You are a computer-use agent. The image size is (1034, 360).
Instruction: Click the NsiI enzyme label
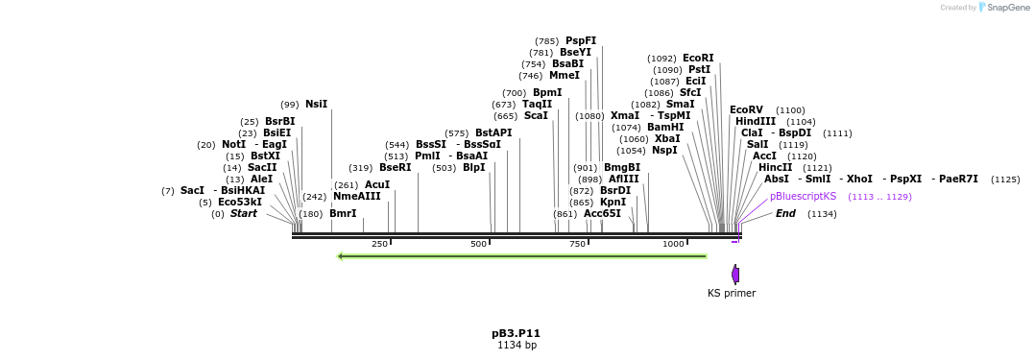coord(316,105)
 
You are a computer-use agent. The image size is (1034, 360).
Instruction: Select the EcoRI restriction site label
coord(698,59)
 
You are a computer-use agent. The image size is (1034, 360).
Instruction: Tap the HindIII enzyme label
coord(756,122)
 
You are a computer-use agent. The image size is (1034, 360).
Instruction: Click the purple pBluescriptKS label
coord(803,196)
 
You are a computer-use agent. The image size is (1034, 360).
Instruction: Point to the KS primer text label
coord(732,293)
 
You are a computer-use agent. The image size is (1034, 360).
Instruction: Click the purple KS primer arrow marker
coord(735,275)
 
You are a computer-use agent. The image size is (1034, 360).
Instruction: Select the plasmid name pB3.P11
coord(517,333)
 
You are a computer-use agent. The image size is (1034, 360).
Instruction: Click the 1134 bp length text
coord(517,346)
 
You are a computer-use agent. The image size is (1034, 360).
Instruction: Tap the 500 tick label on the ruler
coord(478,245)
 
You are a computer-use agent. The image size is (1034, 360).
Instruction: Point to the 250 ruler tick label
coord(379,245)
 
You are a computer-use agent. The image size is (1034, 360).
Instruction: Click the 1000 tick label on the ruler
coord(673,245)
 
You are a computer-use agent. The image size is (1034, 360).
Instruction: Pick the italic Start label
coord(244,214)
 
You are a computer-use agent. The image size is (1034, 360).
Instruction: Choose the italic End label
coord(785,213)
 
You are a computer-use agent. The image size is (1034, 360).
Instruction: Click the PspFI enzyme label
coord(581,41)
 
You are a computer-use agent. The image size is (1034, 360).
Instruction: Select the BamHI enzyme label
coord(665,128)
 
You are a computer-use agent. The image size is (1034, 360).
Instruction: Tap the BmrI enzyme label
coord(343,214)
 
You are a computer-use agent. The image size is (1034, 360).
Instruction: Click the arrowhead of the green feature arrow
coord(341,256)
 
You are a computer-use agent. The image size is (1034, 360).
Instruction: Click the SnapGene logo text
coord(1006,8)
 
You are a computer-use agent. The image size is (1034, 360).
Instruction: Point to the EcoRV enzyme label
coord(746,110)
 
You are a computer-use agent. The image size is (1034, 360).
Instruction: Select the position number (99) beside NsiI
coord(289,105)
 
